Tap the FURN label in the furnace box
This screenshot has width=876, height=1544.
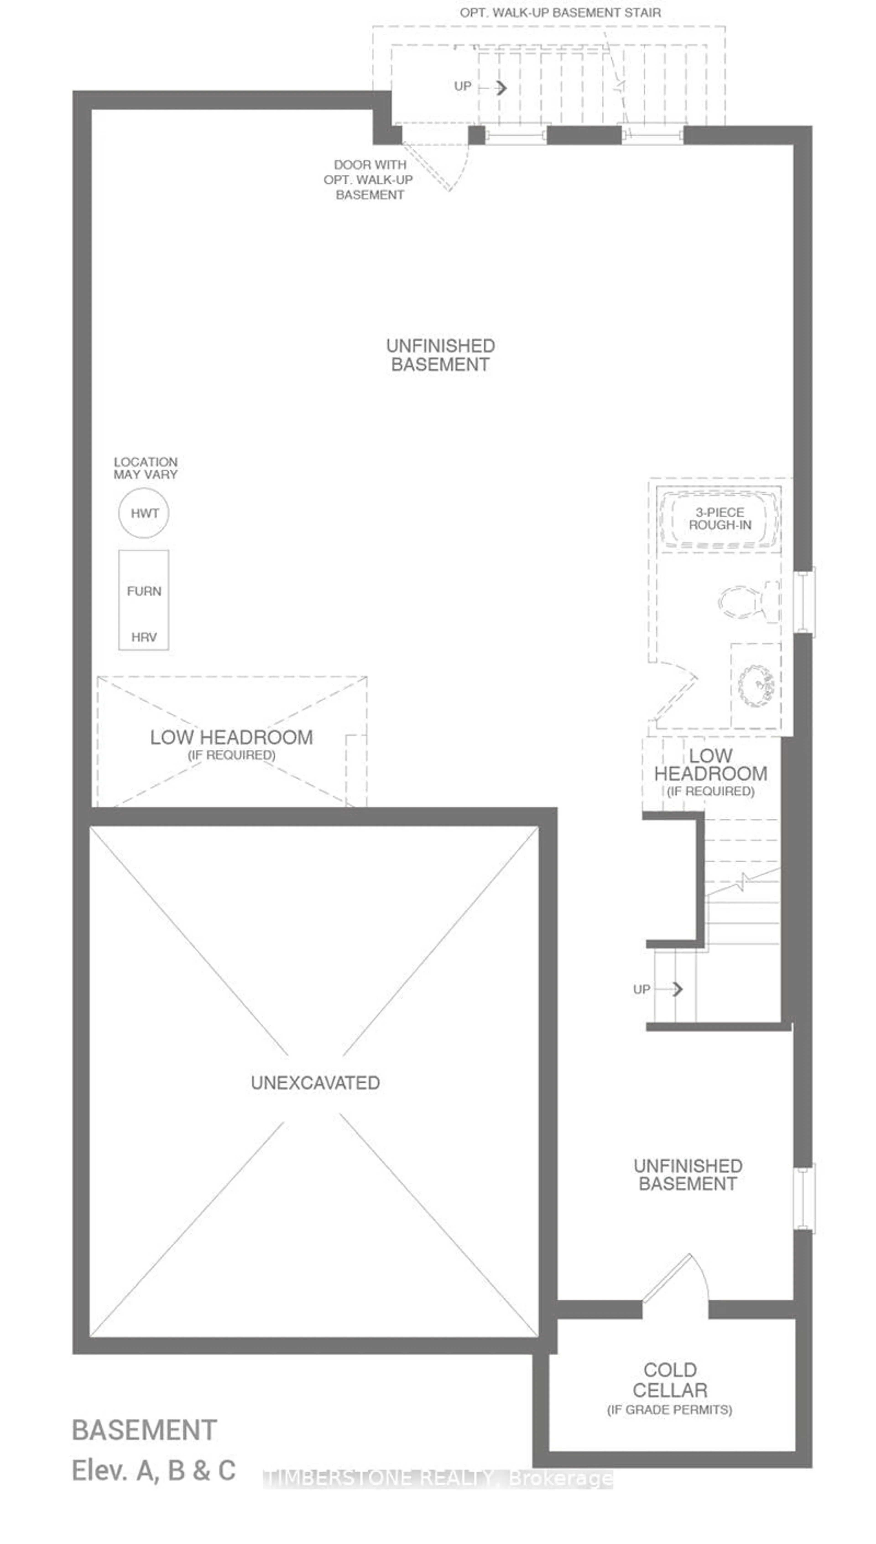point(144,591)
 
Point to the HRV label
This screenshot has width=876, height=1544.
point(144,637)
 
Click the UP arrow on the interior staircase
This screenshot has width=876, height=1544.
point(677,989)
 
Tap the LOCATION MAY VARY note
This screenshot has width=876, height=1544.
point(146,468)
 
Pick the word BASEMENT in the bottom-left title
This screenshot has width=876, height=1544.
point(144,1430)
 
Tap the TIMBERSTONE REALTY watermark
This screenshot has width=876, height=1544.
point(438,1479)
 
